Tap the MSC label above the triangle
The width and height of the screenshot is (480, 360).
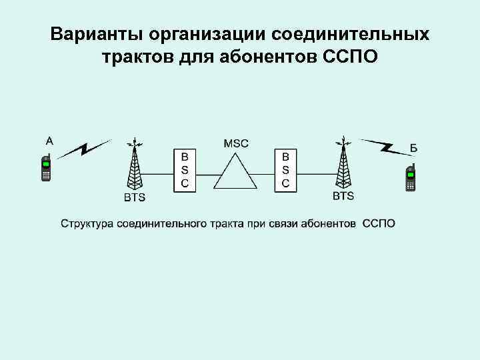click(236, 143)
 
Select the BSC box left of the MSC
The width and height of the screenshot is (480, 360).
click(185, 170)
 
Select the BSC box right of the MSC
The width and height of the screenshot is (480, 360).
click(285, 170)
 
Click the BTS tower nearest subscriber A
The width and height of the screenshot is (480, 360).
click(135, 167)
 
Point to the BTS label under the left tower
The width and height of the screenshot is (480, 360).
click(135, 197)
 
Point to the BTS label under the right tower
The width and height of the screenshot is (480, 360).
click(343, 196)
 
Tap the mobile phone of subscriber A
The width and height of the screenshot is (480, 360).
click(47, 167)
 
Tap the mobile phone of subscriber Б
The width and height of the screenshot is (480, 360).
click(411, 177)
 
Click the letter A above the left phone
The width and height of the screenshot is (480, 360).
click(49, 141)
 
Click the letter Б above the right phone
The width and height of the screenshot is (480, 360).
click(414, 148)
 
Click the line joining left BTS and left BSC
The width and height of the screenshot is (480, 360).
click(159, 175)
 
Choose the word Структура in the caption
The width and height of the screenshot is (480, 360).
click(88, 223)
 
